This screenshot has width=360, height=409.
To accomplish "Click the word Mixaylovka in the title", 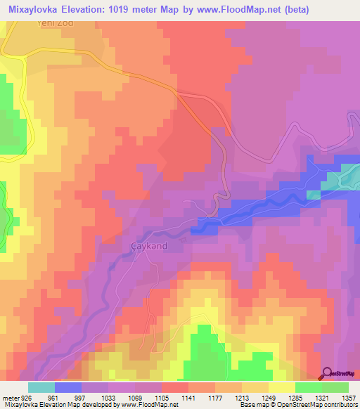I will coord(34,9).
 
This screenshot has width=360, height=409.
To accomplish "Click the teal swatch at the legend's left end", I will coord(41,387).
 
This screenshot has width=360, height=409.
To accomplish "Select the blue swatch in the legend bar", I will coord(68,387).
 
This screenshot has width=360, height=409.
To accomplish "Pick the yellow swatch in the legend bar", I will coord(281,387).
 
